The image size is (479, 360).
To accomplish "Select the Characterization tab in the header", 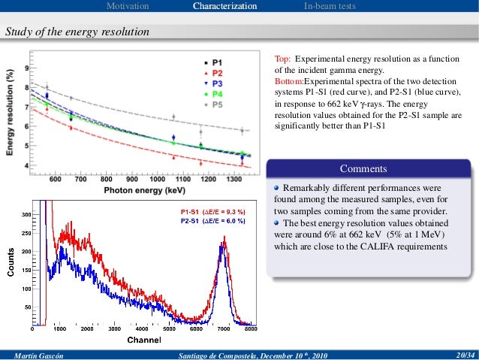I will coord(224,7).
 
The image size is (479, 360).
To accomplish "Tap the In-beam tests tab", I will coord(330,7).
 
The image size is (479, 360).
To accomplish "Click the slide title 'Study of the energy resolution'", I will coord(77,32).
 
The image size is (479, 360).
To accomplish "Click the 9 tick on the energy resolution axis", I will coord(27,68).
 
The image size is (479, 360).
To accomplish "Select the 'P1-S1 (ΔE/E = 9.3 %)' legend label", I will coord(212,213).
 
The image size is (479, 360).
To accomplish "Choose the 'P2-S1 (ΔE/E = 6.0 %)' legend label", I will coord(212,222).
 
